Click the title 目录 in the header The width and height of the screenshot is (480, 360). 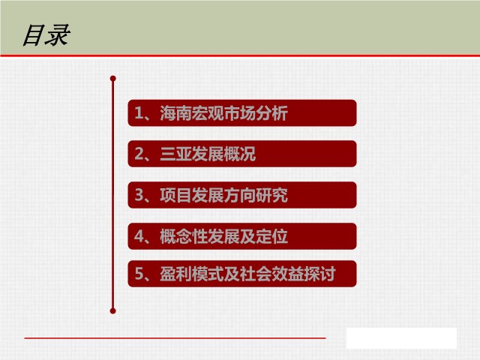click(46, 35)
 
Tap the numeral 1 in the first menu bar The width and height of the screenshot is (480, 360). click(138, 113)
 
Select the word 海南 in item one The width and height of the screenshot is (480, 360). click(175, 113)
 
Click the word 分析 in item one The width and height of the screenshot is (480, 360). click(271, 113)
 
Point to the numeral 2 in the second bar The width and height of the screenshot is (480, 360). click(139, 154)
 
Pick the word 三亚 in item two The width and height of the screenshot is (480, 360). click(175, 154)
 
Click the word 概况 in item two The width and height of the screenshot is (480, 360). click(239, 154)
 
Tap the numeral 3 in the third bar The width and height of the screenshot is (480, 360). click(139, 195)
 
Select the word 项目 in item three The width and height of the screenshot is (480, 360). click(175, 195)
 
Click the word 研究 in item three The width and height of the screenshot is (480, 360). click(271, 195)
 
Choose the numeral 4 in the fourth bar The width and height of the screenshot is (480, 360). click(139, 236)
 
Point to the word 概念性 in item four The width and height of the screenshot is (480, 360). click(184, 236)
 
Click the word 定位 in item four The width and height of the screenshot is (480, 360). click(271, 236)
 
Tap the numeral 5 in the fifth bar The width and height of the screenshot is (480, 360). click(139, 274)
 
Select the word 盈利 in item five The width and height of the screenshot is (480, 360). click(175, 274)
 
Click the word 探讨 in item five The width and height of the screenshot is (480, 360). click(319, 274)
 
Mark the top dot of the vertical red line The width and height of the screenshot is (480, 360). click(113, 78)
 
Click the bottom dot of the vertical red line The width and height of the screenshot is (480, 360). click(113, 311)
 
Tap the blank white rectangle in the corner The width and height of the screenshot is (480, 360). click(401, 338)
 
